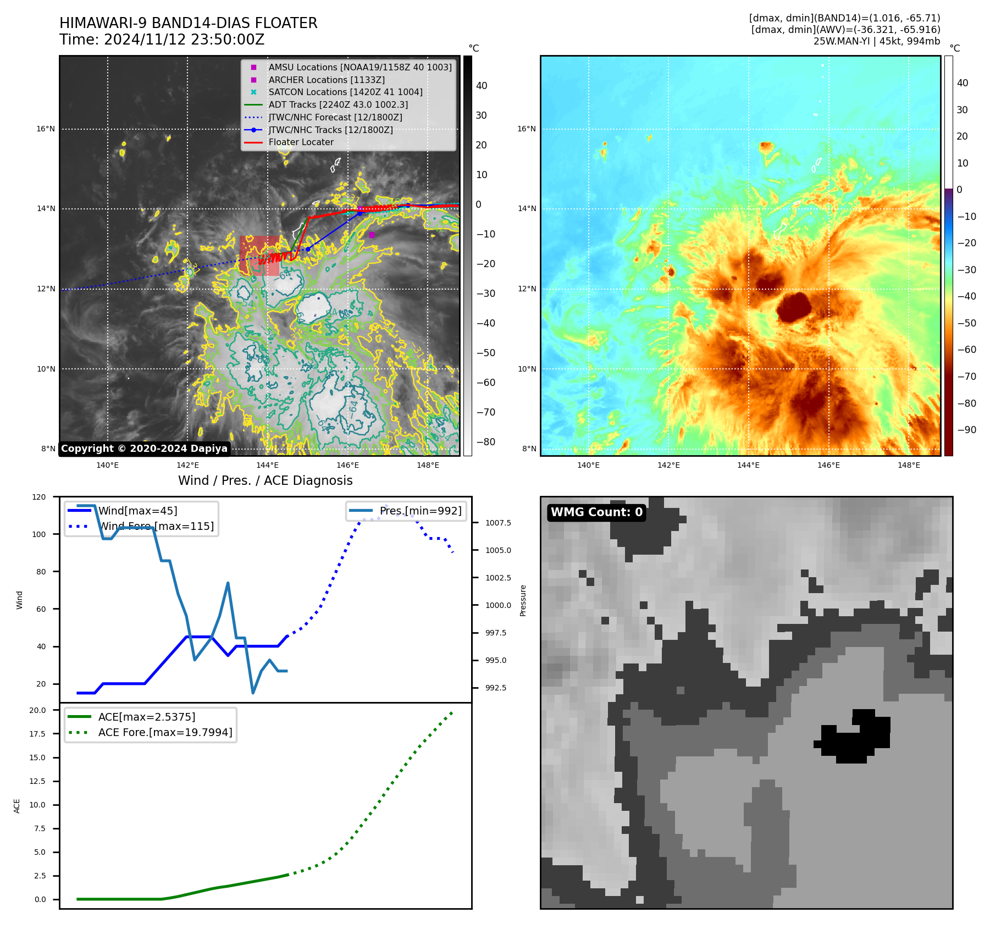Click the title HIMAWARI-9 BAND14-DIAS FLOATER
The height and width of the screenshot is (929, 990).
point(188,23)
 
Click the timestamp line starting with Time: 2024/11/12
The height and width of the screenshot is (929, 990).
point(162,40)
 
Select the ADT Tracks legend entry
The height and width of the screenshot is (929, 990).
point(338,104)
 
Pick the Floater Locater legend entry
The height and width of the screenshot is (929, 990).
point(301,142)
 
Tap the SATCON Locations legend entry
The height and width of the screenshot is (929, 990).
point(345,92)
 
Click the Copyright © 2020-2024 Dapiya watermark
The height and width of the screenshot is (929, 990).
point(144,449)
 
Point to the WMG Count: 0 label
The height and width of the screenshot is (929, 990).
point(596,512)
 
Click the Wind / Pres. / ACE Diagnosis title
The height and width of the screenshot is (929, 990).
point(265,480)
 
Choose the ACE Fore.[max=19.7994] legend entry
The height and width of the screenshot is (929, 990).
point(165,732)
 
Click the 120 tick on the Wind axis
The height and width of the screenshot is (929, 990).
point(39,497)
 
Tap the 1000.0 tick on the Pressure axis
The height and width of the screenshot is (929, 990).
point(498,605)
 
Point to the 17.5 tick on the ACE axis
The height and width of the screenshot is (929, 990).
point(37,734)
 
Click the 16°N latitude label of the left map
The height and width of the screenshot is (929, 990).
point(46,129)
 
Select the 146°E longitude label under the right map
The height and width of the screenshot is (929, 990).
point(828,465)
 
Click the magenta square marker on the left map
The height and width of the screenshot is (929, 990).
point(372,235)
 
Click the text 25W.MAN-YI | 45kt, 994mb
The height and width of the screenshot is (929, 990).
point(876,41)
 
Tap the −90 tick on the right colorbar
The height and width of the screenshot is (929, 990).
point(966,430)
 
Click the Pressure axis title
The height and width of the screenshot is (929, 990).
point(523,600)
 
